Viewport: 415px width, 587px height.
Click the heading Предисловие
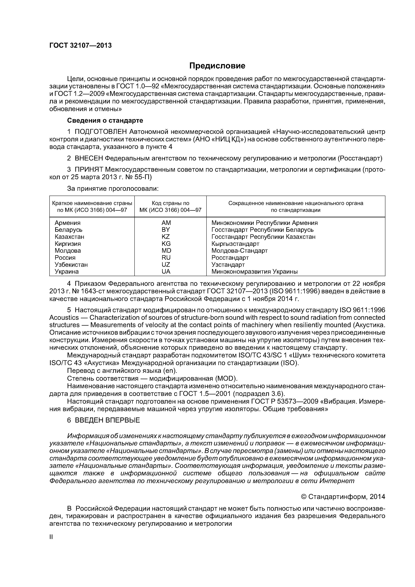click(x=217, y=66)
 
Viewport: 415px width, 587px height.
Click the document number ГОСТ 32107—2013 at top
click(x=80, y=46)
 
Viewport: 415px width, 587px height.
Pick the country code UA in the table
click(x=166, y=272)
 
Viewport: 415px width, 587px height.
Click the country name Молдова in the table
click(x=68, y=250)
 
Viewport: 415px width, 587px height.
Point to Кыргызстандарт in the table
click(x=235, y=244)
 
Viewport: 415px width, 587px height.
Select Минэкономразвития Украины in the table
click(x=254, y=272)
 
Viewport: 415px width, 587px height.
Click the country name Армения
click(x=67, y=223)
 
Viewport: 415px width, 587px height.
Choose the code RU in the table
click(x=166, y=258)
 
